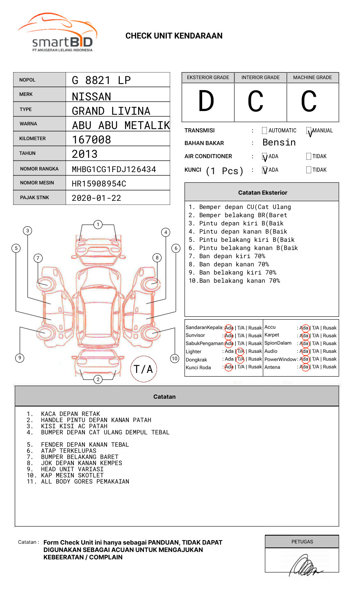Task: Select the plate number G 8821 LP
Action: point(101,80)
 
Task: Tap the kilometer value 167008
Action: point(91,140)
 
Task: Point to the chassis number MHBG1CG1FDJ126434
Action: point(114,169)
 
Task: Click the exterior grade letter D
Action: point(206,101)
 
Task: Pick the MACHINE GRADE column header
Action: point(312,77)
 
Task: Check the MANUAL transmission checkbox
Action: point(309,131)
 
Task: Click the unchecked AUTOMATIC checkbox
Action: point(264,131)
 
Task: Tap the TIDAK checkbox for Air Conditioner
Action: point(309,156)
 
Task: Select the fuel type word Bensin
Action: point(279,143)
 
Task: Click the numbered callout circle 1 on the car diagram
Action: point(98,224)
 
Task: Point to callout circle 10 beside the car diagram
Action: point(175,359)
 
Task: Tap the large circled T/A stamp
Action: point(143,369)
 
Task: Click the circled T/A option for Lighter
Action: point(240,351)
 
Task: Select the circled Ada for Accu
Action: point(304,328)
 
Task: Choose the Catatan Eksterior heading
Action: point(262,193)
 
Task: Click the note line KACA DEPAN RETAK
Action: point(71,414)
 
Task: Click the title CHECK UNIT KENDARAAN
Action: point(174,36)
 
